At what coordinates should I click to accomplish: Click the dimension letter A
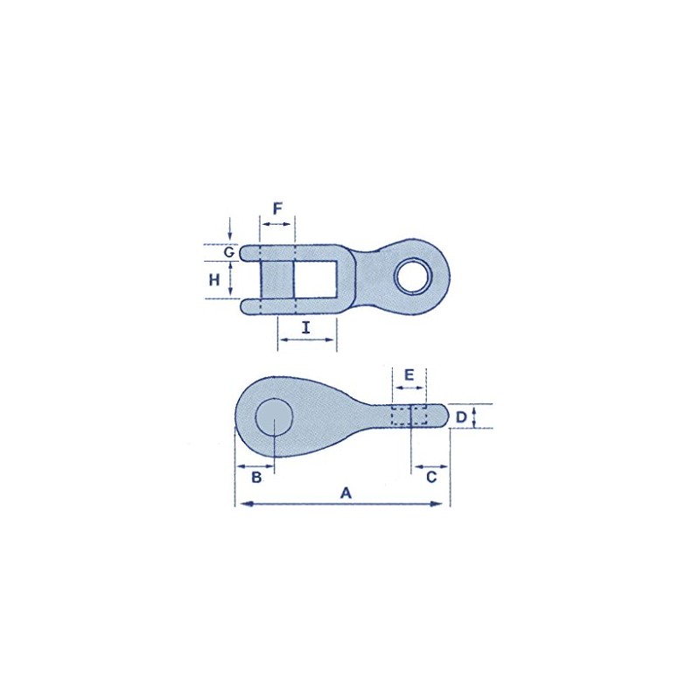pyautogui.click(x=346, y=493)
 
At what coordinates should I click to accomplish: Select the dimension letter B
pyautogui.click(x=256, y=477)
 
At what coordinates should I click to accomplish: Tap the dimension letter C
pyautogui.click(x=431, y=477)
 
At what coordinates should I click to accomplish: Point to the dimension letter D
pyautogui.click(x=461, y=417)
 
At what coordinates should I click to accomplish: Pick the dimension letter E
pyautogui.click(x=409, y=374)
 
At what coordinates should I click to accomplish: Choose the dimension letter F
pyautogui.click(x=277, y=208)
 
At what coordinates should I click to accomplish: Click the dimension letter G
pyautogui.click(x=229, y=253)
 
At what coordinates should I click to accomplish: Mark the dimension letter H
pyautogui.click(x=214, y=280)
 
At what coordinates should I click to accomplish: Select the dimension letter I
pyautogui.click(x=305, y=328)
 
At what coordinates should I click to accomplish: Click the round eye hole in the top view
pyautogui.click(x=413, y=276)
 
